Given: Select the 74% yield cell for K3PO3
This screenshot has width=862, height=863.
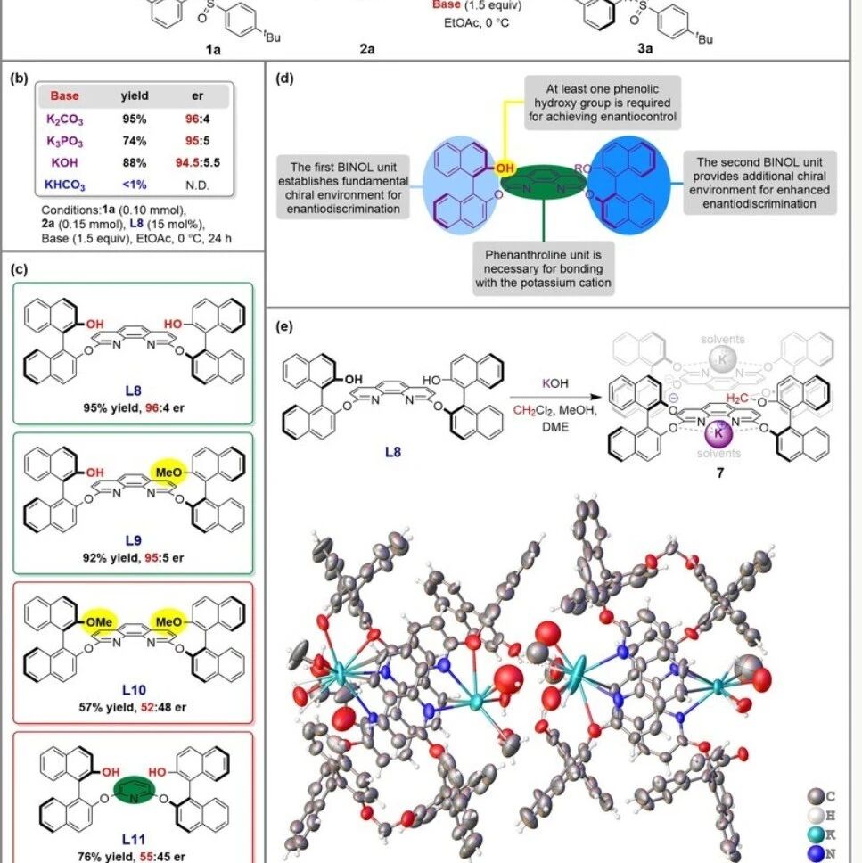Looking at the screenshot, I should [135, 140].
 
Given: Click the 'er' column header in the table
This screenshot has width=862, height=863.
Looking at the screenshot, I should [197, 95].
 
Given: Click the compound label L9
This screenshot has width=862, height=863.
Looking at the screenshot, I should [134, 542].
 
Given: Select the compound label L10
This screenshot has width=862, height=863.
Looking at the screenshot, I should [134, 689].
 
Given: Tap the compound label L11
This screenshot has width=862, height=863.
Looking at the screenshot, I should [134, 839].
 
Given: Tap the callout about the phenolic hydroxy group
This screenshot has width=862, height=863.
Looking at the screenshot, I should [601, 101].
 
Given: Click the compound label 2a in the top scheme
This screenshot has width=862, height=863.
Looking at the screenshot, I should [366, 50].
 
